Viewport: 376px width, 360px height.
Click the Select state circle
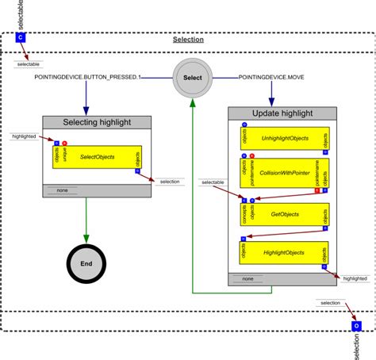193,78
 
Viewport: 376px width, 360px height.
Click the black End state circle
86,264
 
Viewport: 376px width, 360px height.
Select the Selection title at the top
188,40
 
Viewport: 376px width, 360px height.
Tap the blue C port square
21,36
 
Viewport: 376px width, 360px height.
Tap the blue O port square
356,324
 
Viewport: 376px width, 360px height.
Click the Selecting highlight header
98,122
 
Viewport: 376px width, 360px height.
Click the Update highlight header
283,113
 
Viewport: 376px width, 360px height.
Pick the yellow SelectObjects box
98,157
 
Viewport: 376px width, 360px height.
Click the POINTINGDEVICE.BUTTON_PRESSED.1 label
76,78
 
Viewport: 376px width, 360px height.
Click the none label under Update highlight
247,279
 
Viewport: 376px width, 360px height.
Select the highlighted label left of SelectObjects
25,136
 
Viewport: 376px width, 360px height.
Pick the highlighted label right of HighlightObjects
355,279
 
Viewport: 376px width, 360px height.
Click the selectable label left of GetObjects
213,183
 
